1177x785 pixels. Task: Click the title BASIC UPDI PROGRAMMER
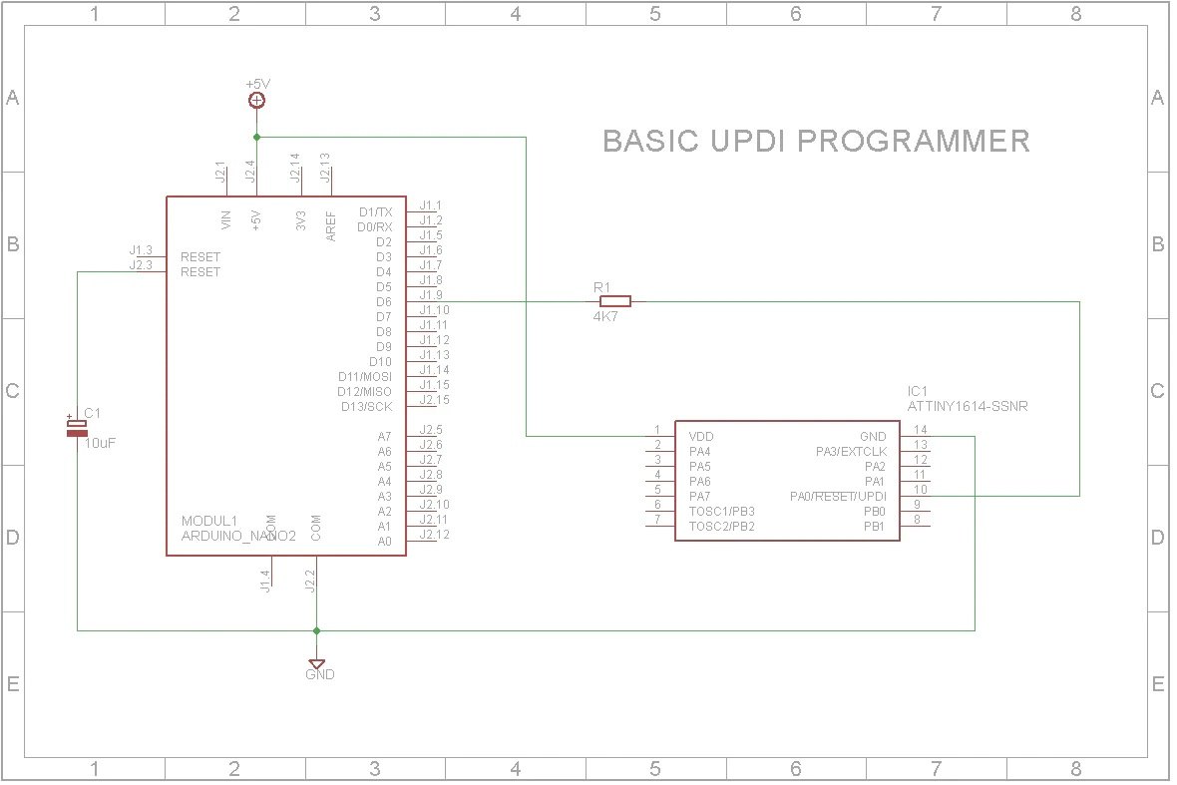click(x=816, y=141)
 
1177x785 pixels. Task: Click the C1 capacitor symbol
click(x=77, y=429)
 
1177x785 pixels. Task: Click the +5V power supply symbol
click(x=256, y=100)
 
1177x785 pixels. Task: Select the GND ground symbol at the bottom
click(x=317, y=664)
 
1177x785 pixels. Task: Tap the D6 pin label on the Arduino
click(x=384, y=302)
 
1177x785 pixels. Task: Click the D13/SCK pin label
click(x=366, y=407)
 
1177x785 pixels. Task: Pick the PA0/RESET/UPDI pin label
click(x=838, y=497)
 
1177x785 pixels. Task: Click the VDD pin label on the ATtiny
click(x=701, y=437)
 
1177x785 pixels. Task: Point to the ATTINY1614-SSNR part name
click(x=968, y=407)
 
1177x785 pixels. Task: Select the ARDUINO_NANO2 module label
click(x=237, y=537)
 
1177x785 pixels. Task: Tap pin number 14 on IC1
click(x=921, y=430)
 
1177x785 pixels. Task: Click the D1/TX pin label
click(x=375, y=212)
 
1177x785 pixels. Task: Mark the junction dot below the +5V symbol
click(x=256, y=137)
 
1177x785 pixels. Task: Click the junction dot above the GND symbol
click(x=317, y=630)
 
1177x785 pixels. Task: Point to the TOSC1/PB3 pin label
click(x=729, y=512)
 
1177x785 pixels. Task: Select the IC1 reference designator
click(x=918, y=391)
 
